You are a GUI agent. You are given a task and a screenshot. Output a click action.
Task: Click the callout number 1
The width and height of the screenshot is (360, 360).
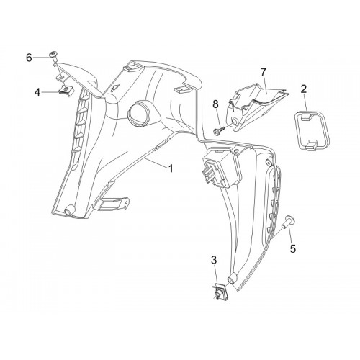coord(171,168)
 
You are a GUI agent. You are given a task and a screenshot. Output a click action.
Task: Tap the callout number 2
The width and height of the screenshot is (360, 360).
coord(304,89)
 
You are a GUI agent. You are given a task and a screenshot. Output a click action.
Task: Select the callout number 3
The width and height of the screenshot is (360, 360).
coord(214,260)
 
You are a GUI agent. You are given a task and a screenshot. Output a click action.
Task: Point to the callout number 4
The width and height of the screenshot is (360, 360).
coord(37,92)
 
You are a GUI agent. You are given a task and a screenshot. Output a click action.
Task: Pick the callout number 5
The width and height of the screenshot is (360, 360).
coord(293,248)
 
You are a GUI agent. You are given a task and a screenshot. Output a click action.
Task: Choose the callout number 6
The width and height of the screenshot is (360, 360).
coord(29,58)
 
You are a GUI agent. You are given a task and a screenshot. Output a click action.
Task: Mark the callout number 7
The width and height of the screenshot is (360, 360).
coord(264,73)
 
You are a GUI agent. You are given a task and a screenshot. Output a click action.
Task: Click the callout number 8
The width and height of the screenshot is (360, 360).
coord(215,104)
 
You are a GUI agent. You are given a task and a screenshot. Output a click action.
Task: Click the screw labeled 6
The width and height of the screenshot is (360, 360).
coord(53,56)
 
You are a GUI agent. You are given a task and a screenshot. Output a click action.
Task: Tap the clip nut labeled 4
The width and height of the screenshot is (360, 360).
coord(66,91)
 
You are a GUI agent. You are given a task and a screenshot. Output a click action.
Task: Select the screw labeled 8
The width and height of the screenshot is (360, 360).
coord(220,130)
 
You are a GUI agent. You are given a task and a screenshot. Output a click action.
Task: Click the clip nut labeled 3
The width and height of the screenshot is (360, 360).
coord(220,291)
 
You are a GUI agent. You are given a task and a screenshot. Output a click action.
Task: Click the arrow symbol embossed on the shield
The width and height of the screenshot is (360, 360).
coord(116,88)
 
